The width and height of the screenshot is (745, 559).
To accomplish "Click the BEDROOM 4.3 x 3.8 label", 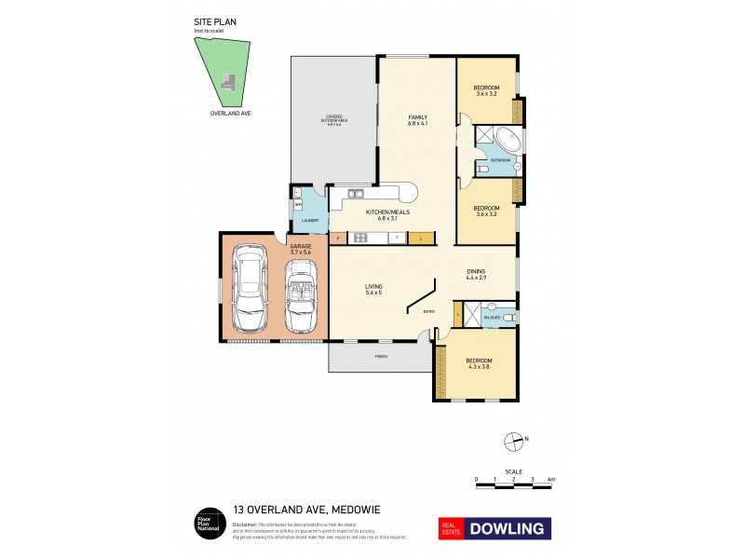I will (x=479, y=362).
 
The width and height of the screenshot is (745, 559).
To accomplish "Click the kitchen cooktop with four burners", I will (x=360, y=238).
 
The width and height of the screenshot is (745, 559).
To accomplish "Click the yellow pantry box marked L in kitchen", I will (x=420, y=239).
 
